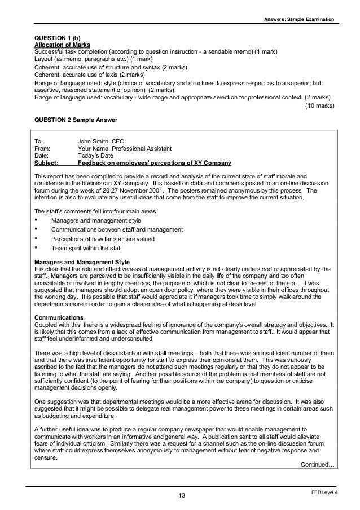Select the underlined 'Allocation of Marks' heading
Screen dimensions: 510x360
point(62,45)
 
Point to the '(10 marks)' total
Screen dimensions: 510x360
point(319,105)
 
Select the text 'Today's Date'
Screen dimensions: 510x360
point(95,156)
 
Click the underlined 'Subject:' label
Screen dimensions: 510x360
point(46,163)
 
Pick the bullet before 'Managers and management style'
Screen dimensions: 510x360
point(37,220)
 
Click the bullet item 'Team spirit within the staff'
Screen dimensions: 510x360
point(86,247)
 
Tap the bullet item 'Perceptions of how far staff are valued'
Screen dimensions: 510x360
point(103,238)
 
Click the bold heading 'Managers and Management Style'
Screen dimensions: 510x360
point(82,262)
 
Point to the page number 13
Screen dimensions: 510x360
point(181,495)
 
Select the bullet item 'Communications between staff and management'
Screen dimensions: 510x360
point(117,229)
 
